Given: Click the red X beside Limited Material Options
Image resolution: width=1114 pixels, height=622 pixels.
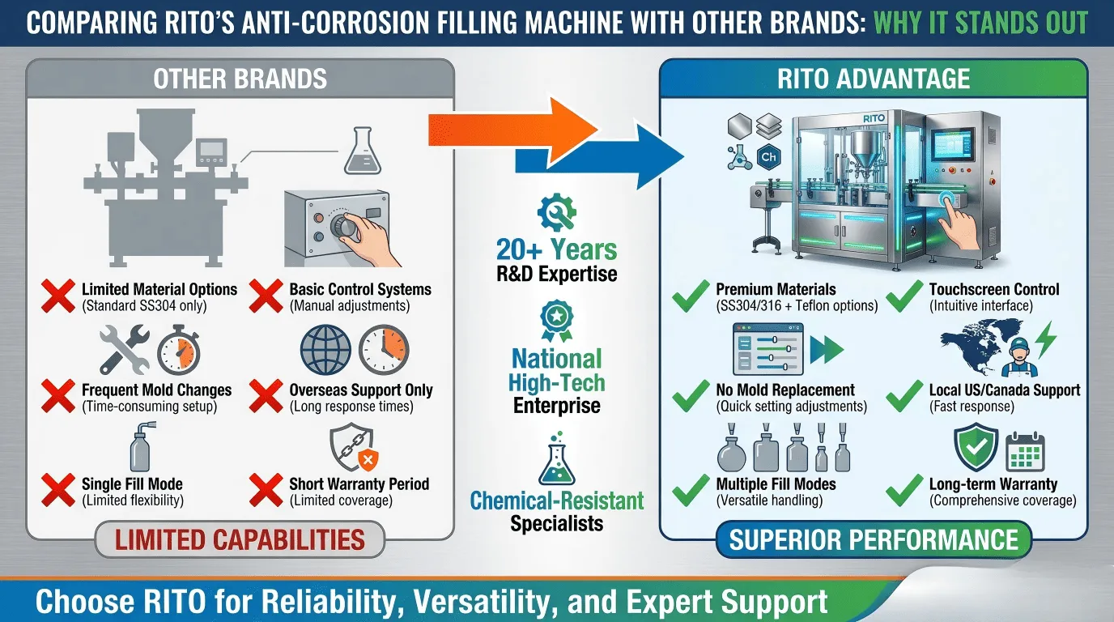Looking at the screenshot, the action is (58, 296).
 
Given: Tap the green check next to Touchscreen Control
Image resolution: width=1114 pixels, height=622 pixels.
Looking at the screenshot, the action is (904, 296).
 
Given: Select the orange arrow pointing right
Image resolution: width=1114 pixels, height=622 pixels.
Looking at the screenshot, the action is (512, 130).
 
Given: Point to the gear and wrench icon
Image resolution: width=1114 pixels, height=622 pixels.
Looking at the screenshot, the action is (557, 212).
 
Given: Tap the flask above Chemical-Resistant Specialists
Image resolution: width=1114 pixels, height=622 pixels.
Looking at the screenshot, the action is (557, 458).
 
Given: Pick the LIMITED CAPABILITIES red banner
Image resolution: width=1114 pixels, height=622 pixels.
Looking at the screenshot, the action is (240, 540).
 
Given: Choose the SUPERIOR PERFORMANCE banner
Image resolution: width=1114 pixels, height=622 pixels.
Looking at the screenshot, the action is (874, 540).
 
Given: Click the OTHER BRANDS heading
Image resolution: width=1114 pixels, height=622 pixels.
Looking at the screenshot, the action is (240, 79).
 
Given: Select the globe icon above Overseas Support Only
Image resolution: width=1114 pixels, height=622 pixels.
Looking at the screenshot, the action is (325, 349).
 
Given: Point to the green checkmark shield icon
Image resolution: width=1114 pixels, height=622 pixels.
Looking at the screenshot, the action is (976, 447).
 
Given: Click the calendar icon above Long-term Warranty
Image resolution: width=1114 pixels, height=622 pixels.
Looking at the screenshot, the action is (1025, 452).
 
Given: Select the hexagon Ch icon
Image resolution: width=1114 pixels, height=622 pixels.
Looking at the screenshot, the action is (769, 157).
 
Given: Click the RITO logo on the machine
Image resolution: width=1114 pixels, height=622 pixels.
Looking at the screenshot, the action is (874, 118).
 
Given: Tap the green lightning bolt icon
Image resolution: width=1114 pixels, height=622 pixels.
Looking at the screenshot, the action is (1046, 339).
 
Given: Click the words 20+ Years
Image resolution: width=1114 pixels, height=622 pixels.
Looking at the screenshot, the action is (557, 249).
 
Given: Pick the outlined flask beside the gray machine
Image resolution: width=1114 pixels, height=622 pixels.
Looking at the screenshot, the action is (363, 151).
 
